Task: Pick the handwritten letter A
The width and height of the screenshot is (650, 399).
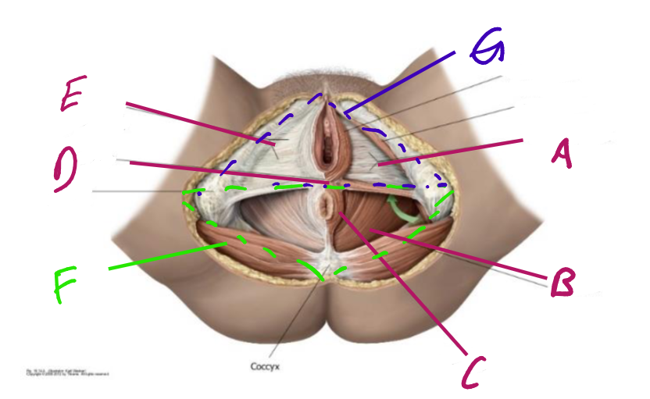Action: pos(561,153)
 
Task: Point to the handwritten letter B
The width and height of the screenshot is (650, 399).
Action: pos(562,282)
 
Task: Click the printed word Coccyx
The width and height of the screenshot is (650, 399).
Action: pos(266,365)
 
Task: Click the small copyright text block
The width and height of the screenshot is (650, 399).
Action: pos(66,373)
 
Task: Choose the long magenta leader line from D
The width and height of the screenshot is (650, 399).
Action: pos(227,173)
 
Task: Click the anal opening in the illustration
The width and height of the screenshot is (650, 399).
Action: pos(324,208)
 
